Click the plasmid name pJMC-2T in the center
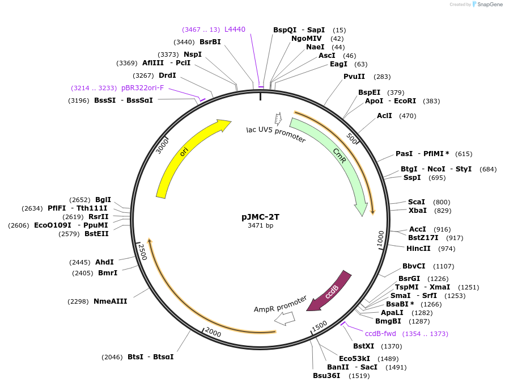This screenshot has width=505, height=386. tap(261, 217)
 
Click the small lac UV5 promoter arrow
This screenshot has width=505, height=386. tap(278, 119)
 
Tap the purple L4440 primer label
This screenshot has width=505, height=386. tap(235, 29)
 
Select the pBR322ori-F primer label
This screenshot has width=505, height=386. tap(142, 88)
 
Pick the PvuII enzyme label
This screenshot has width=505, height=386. tap(354, 77)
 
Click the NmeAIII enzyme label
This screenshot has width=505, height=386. tap(110, 301)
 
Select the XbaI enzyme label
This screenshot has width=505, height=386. tap(417, 211)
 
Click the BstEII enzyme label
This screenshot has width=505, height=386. tap(97, 234)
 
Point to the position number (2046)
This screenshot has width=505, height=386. tap(112, 357)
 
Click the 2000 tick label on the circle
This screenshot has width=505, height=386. tap(213, 332)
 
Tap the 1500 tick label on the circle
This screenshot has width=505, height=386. tap(319, 325)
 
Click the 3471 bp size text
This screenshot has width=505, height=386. tap(260, 226)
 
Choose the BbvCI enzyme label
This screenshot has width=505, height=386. tap(413, 266)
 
